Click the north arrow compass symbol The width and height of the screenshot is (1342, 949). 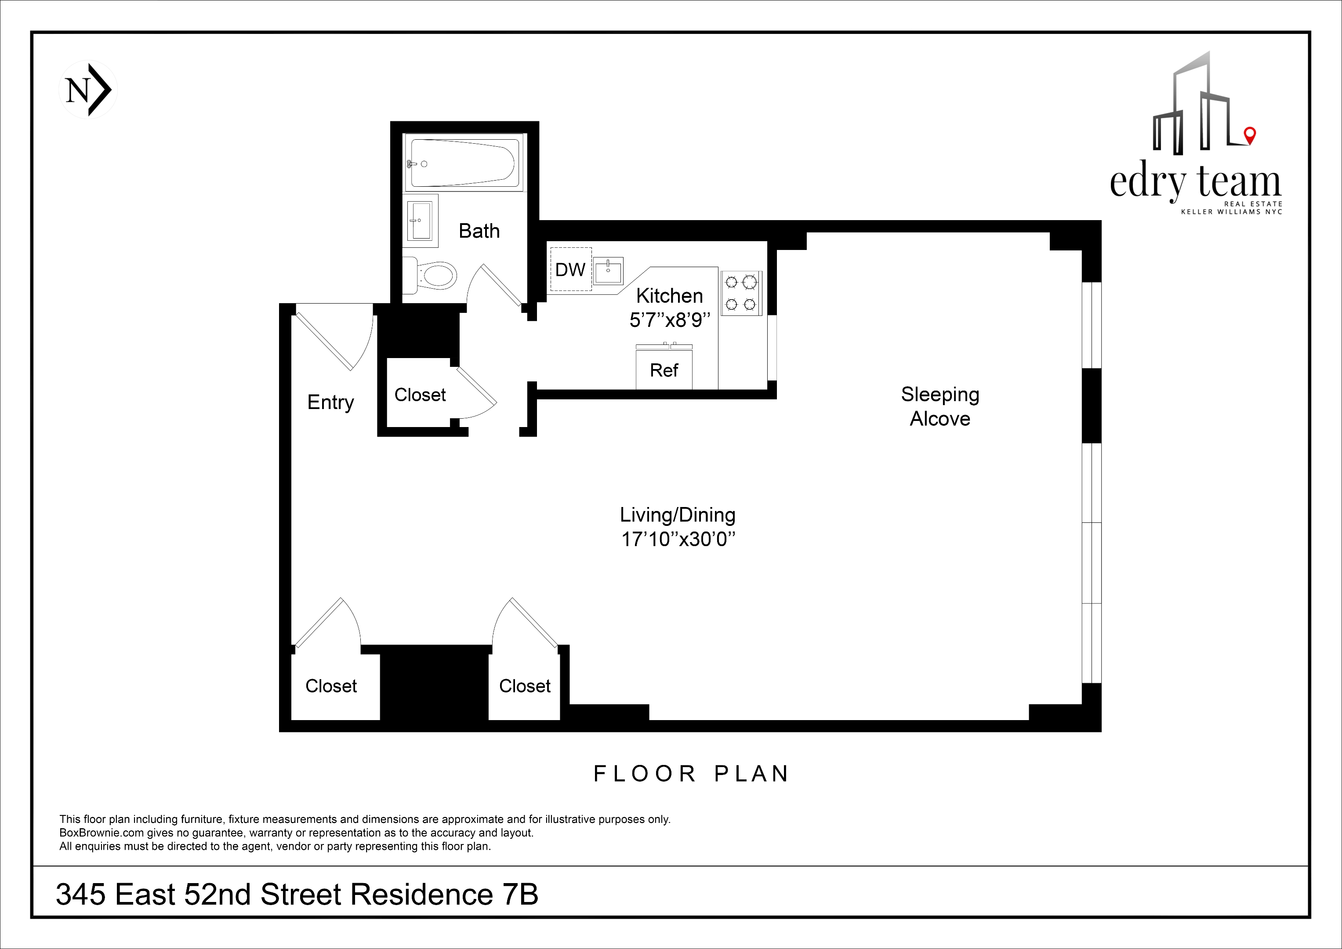[x=88, y=90]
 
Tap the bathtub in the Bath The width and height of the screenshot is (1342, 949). [x=462, y=163]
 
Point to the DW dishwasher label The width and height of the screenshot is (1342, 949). [x=570, y=269]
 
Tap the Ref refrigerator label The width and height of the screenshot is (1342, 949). [x=664, y=370]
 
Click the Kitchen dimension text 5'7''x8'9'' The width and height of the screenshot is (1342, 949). [x=670, y=320]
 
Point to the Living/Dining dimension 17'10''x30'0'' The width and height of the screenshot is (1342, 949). [x=678, y=539]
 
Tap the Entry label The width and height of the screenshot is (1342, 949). [x=330, y=402]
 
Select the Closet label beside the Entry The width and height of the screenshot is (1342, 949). [x=420, y=395]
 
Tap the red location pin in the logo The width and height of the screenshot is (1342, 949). [x=1250, y=135]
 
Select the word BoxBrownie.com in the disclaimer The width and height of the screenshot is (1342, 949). [x=102, y=833]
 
